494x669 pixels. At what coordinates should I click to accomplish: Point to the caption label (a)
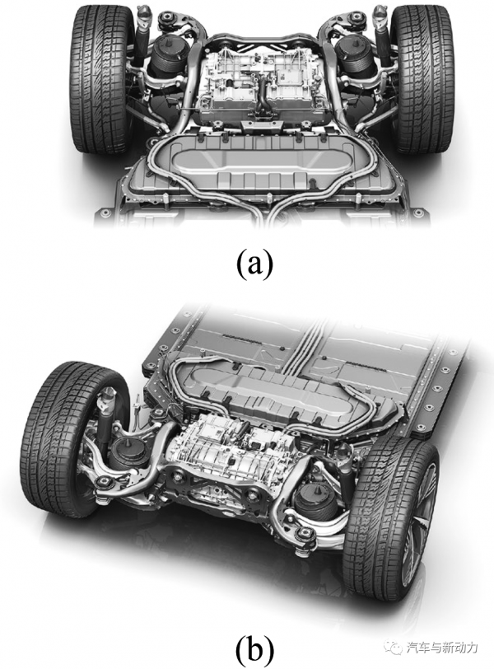[x=254, y=264]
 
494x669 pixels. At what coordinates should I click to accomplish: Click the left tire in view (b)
[x=73, y=439]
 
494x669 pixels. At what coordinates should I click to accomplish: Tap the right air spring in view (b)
[x=315, y=504]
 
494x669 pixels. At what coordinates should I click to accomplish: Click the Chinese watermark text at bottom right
[x=441, y=648]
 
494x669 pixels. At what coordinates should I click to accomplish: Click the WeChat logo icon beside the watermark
[x=393, y=648]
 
